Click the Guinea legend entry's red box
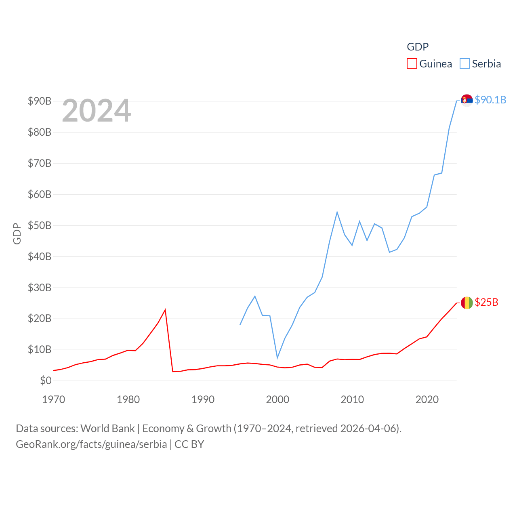click(x=412, y=64)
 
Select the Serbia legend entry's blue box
click(x=465, y=64)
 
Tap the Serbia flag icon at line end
click(x=467, y=100)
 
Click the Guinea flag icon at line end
click(x=467, y=303)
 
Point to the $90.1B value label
click(x=490, y=100)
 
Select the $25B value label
click(x=486, y=302)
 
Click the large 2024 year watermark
click(x=96, y=110)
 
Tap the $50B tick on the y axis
click(x=40, y=225)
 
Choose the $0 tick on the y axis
click(x=46, y=380)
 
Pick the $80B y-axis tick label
click(x=40, y=132)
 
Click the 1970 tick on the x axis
click(x=53, y=399)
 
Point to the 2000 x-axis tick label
click(x=277, y=399)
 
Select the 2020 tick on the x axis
click(x=427, y=399)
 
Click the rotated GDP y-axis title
click(x=17, y=233)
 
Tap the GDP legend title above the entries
click(x=418, y=47)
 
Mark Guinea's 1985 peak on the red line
click(x=165, y=310)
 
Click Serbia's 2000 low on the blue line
click(x=277, y=358)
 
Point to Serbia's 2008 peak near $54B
click(x=337, y=212)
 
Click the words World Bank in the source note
click(x=107, y=428)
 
